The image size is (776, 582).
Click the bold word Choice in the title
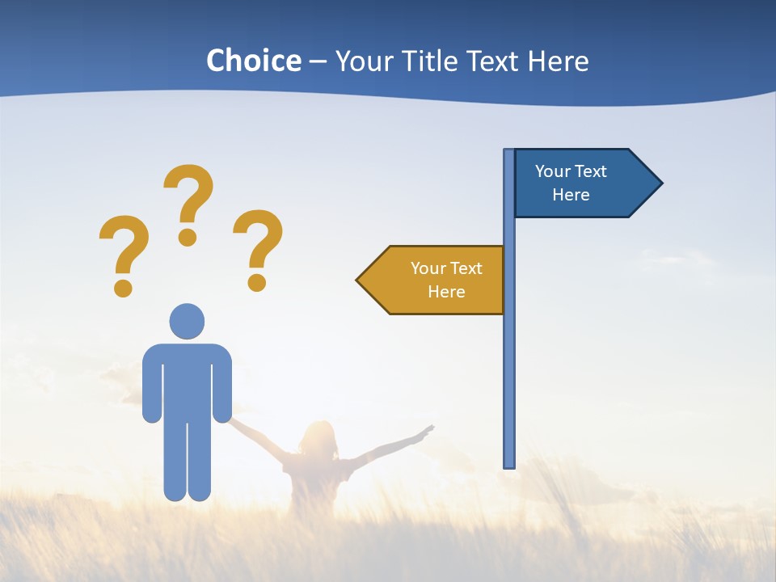click(253, 61)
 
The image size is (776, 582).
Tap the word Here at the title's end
click(558, 61)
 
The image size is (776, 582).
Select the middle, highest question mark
click(188, 202)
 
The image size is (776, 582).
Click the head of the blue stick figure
click(187, 321)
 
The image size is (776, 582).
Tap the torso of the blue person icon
click(187, 380)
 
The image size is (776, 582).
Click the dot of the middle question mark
click(188, 237)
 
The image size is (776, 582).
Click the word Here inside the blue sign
click(571, 195)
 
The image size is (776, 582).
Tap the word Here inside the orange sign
click(446, 292)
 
